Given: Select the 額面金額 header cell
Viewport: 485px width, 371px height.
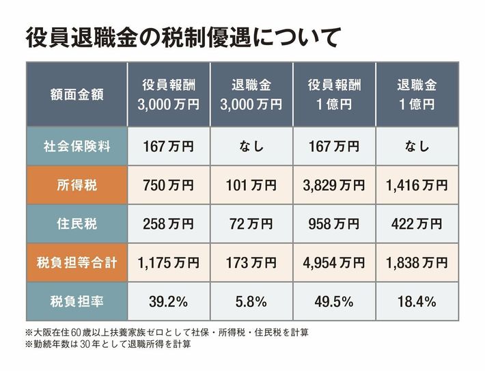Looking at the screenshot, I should [77, 95].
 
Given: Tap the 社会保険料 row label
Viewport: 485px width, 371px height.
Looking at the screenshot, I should [77, 146].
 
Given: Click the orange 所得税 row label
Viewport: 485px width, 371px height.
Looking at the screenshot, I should [77, 185].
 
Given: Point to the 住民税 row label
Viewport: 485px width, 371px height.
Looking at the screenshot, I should [77, 223].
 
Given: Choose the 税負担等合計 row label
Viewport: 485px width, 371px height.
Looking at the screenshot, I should [77, 262].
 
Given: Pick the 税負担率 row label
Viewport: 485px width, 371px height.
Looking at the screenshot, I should [77, 301].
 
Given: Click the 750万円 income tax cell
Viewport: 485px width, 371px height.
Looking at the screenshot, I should [169, 185].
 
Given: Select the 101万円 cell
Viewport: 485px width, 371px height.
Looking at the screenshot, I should [252, 185].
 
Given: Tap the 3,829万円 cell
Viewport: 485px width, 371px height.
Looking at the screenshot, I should [334, 185].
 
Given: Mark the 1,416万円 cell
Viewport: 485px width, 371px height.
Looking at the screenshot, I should [417, 185].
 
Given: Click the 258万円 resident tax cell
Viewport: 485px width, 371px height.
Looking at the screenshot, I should [169, 223].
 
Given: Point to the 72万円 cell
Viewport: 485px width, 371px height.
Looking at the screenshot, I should [252, 223].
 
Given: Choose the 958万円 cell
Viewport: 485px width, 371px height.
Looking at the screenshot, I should [334, 223].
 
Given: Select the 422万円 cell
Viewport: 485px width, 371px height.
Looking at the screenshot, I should [417, 223].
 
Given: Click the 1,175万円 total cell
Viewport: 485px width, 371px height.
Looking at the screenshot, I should [169, 262].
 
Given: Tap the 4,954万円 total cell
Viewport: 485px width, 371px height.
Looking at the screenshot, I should [334, 262].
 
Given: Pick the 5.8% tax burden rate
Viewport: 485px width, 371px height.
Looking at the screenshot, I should [252, 301].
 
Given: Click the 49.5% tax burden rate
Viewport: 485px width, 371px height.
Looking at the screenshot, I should [334, 301].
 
